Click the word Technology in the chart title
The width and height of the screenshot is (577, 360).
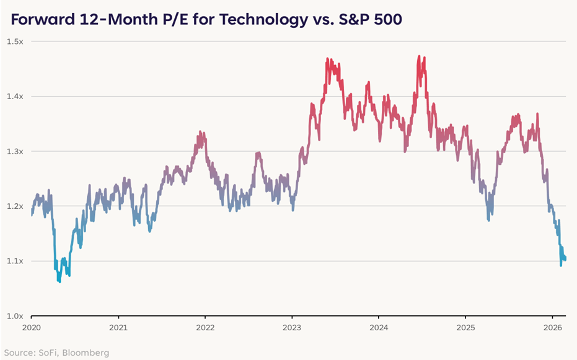click(268, 19)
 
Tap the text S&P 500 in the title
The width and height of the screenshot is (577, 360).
click(371, 19)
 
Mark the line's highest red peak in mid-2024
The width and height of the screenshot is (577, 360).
click(420, 56)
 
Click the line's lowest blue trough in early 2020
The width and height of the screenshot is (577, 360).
click(59, 282)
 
